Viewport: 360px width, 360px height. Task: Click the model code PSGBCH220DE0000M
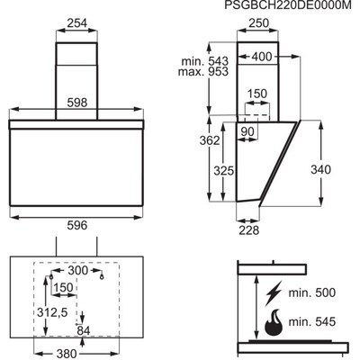(288, 5)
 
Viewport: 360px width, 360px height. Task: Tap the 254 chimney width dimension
(76, 23)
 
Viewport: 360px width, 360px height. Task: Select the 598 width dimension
(77, 103)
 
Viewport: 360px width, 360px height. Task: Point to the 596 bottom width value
(77, 225)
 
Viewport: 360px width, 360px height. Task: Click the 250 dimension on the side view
(259, 23)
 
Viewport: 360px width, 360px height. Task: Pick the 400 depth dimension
(262, 57)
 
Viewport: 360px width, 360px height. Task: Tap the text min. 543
(205, 61)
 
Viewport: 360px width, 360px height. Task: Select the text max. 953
(203, 72)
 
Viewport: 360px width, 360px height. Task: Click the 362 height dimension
(210, 140)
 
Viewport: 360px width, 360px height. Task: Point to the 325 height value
(223, 171)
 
